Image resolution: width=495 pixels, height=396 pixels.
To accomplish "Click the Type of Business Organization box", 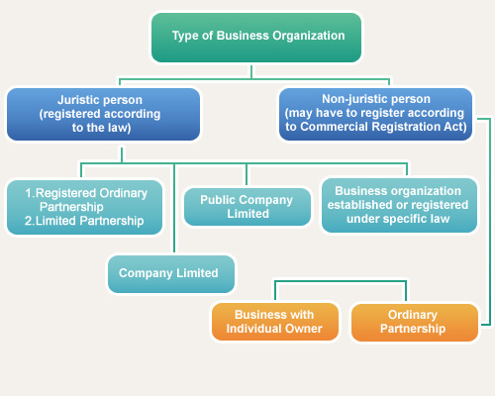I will tap(257, 37).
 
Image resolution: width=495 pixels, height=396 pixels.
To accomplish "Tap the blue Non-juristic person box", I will tap(376, 114).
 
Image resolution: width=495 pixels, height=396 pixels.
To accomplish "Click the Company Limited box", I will tap(170, 273).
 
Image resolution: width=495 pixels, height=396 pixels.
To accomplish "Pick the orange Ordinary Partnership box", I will tap(416, 322).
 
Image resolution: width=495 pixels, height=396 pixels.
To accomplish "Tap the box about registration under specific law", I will tap(398, 205).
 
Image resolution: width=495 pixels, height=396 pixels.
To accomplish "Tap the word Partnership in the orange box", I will tap(416, 329).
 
